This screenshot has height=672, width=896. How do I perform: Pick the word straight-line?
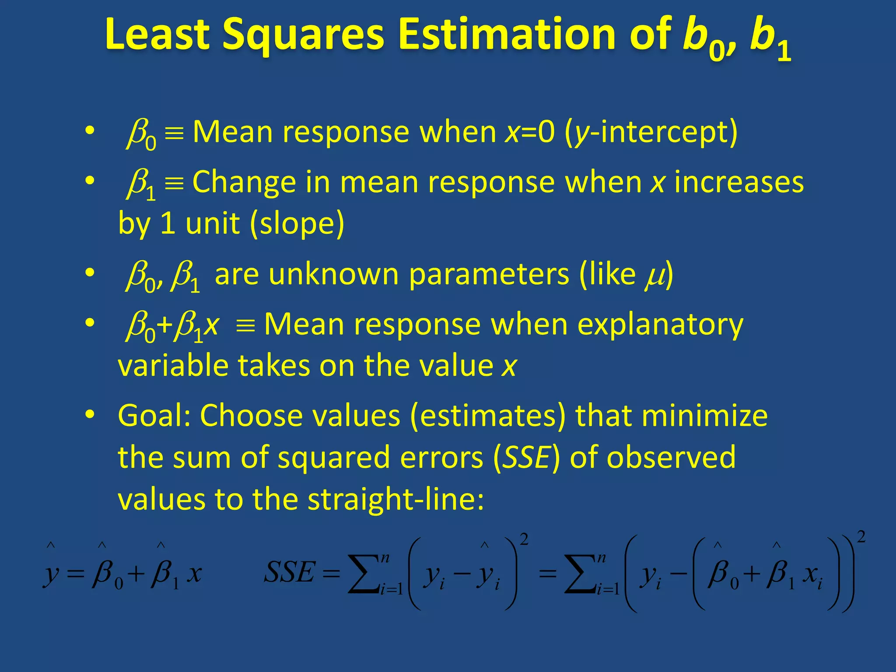395,500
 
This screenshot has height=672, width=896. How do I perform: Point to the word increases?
738,182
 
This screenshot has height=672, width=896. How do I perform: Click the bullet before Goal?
90,414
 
